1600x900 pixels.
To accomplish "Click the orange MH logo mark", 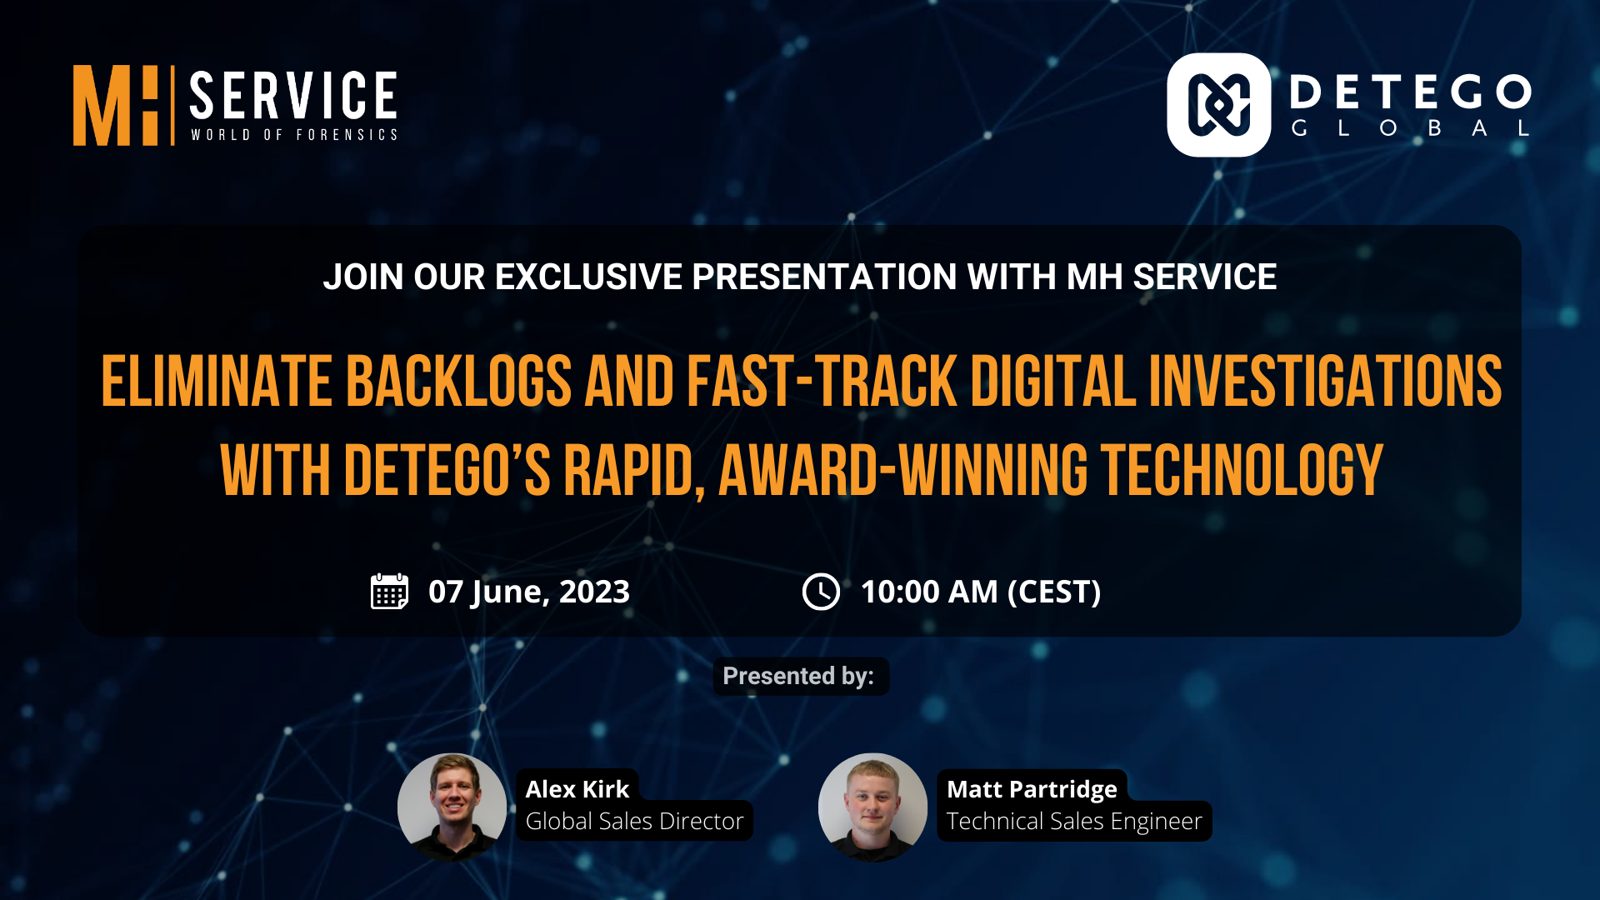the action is point(115,106).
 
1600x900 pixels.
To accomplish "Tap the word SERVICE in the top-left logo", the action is point(293,96).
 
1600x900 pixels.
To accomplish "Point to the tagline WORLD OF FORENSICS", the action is point(294,135).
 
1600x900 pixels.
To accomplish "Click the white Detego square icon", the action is point(1218,105).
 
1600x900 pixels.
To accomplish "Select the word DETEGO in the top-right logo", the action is point(1411,92).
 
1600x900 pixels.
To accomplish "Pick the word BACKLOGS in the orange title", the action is point(458,381).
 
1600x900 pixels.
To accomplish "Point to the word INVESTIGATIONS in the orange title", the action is point(1325,381).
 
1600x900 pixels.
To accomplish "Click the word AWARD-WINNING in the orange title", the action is point(903,470).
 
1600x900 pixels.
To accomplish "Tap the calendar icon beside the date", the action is point(389,592).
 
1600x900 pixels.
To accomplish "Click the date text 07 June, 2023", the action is point(529,592).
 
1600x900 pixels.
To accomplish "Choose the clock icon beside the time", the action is point(821,592).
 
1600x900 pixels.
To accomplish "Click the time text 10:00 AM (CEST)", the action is point(981,592).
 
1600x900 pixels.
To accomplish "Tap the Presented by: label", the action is point(798,676).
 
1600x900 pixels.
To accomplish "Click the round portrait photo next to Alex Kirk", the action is point(452,807).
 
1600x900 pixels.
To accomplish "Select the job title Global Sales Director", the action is point(634,821).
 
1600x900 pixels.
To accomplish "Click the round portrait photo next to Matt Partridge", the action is point(872,807).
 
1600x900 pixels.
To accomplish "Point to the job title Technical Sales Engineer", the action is point(1074,822).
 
